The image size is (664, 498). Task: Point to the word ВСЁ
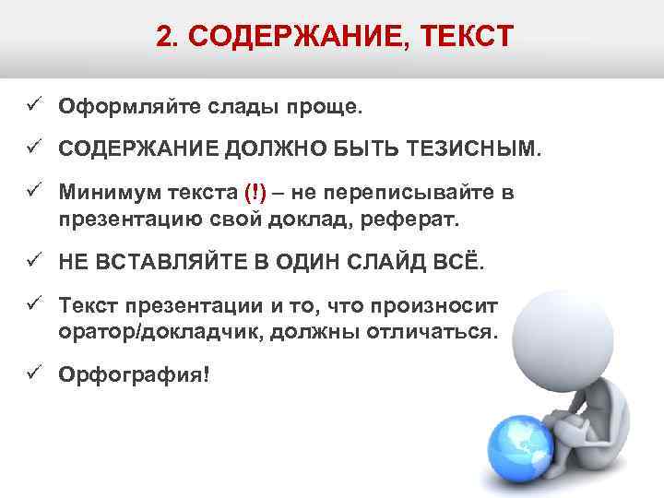coord(462,263)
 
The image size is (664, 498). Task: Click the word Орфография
coord(130,375)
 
